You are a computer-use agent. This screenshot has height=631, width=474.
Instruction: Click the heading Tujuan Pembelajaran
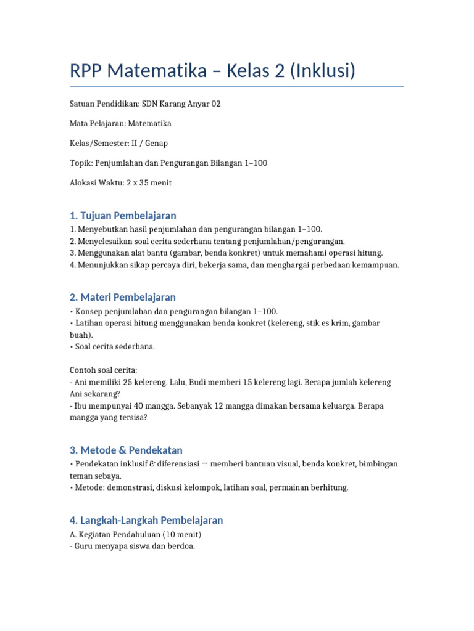123,216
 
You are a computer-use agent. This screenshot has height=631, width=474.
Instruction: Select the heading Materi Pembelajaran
123,298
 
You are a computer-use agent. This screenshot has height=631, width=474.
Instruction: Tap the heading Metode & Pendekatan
126,450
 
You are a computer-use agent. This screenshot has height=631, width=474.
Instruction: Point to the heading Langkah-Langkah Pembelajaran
146,520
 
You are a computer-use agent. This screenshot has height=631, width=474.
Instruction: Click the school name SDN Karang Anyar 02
181,104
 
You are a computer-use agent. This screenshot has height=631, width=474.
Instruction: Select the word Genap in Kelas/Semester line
157,144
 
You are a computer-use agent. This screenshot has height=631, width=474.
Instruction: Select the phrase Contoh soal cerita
103,370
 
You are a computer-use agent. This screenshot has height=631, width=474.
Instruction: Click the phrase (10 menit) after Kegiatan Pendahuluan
180,534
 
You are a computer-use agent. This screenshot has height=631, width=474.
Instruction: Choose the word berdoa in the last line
182,546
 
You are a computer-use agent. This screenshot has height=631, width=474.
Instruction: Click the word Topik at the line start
80,163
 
